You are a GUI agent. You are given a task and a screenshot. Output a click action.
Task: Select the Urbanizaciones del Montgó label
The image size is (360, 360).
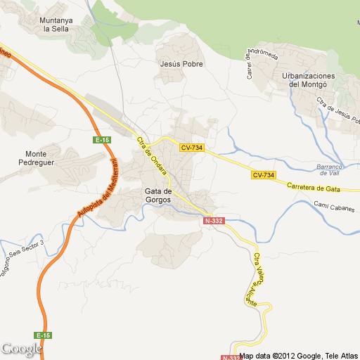pyautogui.click(x=307, y=79)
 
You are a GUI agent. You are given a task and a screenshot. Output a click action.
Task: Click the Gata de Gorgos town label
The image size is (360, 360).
pyautogui.click(x=157, y=195)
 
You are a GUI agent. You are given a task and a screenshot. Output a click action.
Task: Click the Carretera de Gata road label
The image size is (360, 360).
pyautogui.click(x=314, y=188)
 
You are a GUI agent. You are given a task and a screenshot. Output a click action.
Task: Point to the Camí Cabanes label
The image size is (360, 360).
pyautogui.click(x=331, y=206)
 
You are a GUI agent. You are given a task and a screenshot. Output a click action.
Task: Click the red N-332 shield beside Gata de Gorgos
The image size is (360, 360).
pyautogui.click(x=214, y=221)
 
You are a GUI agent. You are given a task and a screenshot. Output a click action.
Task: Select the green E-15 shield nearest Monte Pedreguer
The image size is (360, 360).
pyautogui.click(x=103, y=140)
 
